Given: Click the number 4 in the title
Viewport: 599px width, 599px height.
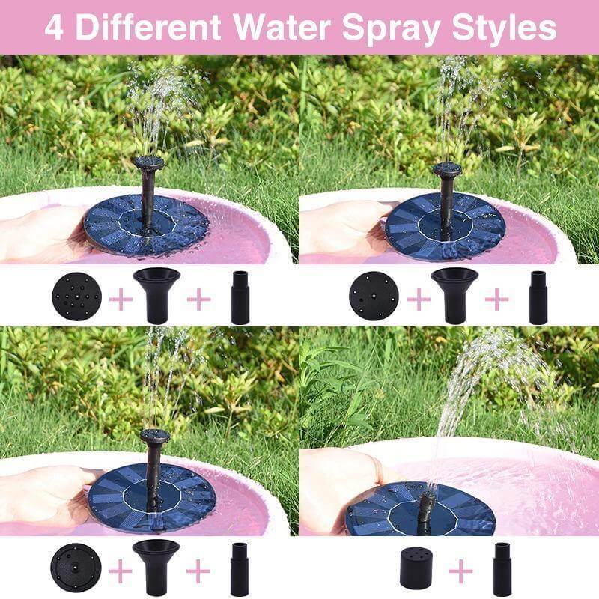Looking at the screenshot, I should point(53,28).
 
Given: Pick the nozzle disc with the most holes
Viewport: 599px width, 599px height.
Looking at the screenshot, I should point(76,297).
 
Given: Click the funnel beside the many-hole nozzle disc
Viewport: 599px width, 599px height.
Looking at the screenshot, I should point(156,294).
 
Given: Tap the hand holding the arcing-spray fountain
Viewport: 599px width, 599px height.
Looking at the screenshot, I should point(341,487).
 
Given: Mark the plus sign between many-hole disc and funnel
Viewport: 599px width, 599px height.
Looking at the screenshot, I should point(120,299).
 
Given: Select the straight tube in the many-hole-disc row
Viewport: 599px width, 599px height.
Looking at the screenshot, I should point(240,297).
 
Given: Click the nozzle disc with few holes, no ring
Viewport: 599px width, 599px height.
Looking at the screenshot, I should point(374,297).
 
